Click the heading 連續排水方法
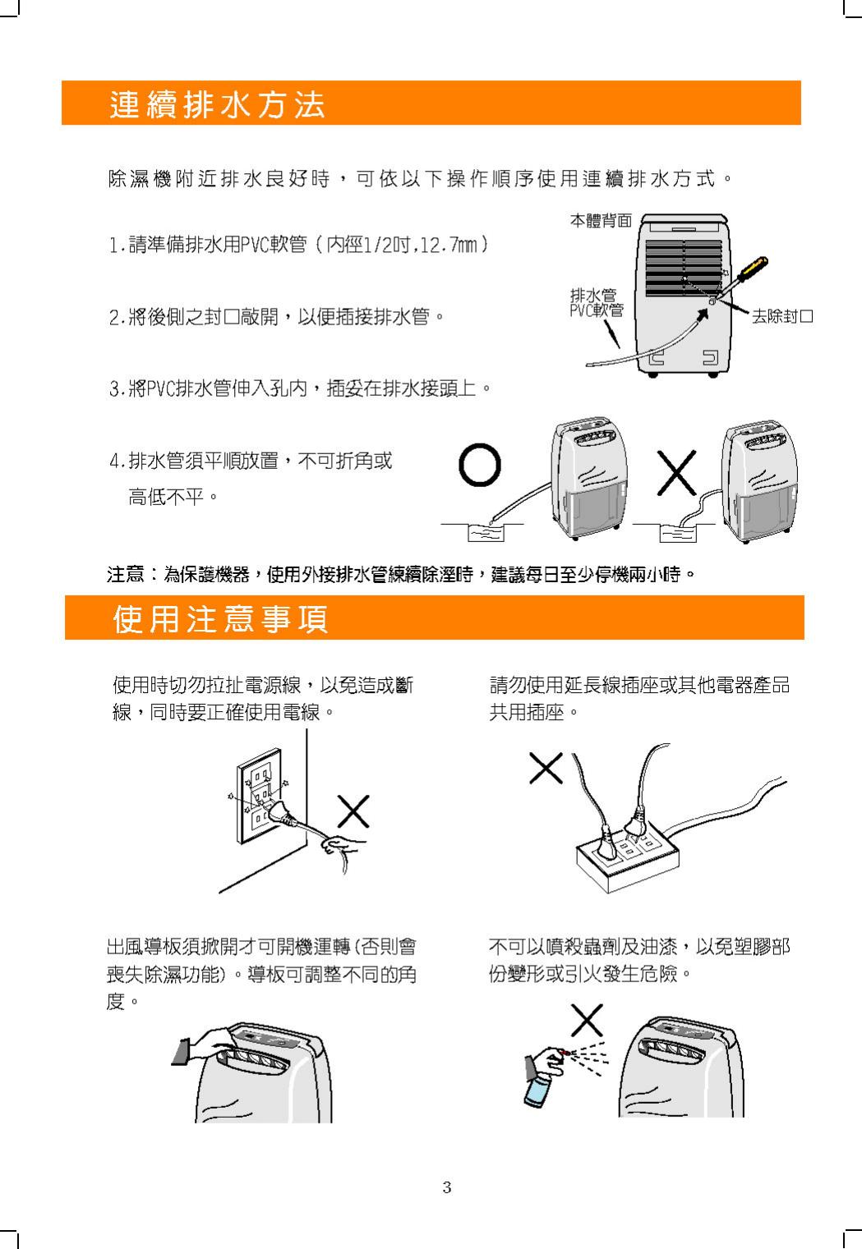[x=216, y=103]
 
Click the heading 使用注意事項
[x=220, y=618]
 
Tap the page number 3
[x=446, y=1187]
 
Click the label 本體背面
[x=601, y=221]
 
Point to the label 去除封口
[x=782, y=316]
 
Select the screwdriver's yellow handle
[x=753, y=269]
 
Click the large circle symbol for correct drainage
[x=479, y=465]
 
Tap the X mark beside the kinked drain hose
[x=676, y=473]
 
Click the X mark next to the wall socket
[x=353, y=811]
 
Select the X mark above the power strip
[x=546, y=769]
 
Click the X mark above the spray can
[x=587, y=1020]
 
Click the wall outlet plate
[x=259, y=796]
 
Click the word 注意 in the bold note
[x=126, y=574]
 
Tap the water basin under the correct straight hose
[x=486, y=533]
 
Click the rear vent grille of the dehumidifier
[x=684, y=269]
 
